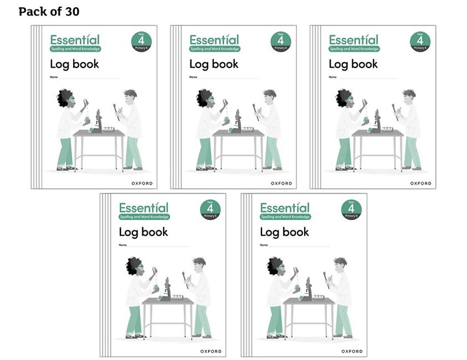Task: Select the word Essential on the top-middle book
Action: click(214, 40)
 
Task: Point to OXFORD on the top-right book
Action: click(421, 183)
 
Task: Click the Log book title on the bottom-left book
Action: click(143, 232)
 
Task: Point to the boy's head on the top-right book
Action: click(409, 96)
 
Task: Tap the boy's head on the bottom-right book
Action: click(340, 264)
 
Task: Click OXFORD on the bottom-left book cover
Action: click(211, 351)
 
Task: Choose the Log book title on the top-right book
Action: click(353, 64)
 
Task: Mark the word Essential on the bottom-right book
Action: click(284, 208)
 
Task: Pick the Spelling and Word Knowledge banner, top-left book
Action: click(75, 49)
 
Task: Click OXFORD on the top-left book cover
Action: click(142, 183)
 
